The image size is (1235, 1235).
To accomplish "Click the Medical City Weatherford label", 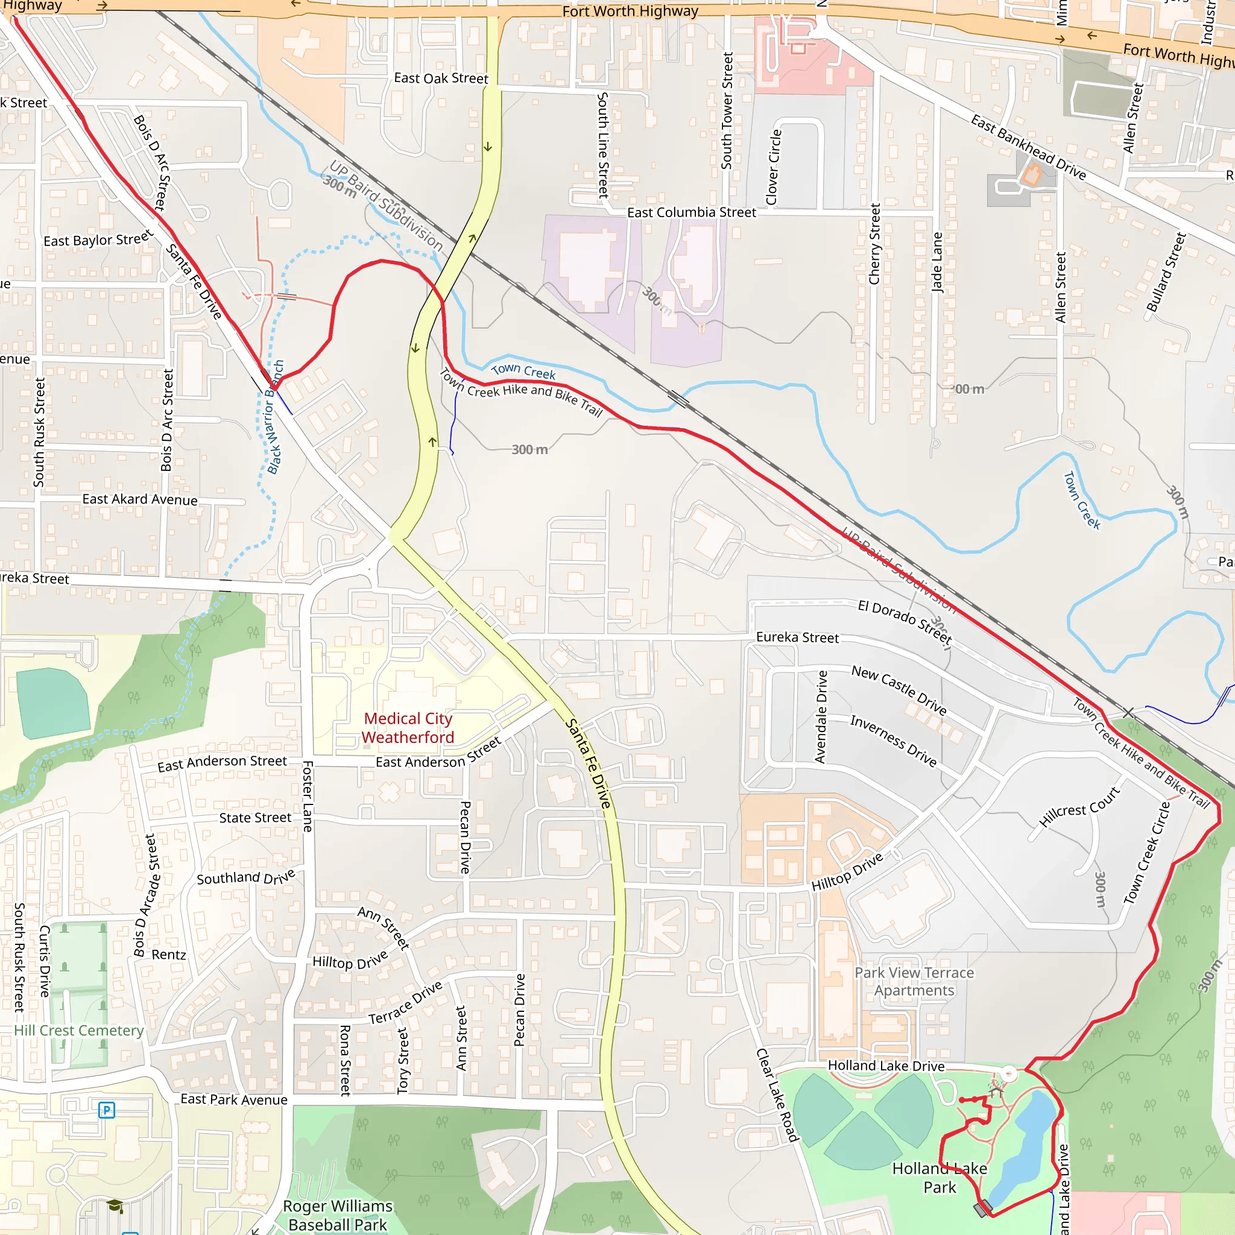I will click(408, 728).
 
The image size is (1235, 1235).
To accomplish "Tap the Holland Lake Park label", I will click(939, 1178).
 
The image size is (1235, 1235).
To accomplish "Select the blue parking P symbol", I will click(107, 1110).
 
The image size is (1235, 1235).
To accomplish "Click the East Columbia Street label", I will click(691, 212).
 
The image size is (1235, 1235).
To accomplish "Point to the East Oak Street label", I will click(440, 78).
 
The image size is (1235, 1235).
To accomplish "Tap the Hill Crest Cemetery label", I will click(78, 1031).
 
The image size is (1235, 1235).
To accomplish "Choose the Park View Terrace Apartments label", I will click(914, 981).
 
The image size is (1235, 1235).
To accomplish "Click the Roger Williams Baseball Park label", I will click(338, 1215).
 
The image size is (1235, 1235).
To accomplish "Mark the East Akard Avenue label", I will click(140, 499).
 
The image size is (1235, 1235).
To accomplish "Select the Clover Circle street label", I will click(774, 168).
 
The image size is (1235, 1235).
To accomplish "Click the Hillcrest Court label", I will click(1079, 807).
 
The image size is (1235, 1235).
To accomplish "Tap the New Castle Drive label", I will click(899, 690).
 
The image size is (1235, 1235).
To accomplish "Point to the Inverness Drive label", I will click(893, 741).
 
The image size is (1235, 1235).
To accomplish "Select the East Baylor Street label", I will click(98, 239).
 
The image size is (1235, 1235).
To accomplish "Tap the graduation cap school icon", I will click(115, 1206).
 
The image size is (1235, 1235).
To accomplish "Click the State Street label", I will click(255, 818).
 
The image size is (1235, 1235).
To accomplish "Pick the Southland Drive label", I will click(246, 877).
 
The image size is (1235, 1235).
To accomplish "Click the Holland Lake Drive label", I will click(886, 1066).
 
